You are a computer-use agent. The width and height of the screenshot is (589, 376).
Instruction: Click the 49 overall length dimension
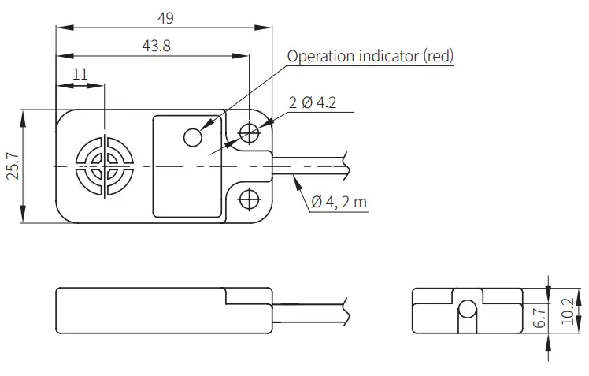point(164,17)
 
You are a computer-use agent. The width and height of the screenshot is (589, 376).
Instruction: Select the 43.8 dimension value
point(155,47)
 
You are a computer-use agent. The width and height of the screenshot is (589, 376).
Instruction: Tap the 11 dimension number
point(80,73)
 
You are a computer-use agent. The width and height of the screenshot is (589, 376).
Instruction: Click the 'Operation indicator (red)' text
point(370,56)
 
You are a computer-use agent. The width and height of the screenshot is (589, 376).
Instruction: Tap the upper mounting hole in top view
point(250,132)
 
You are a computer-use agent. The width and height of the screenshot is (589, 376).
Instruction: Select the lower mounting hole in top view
point(250,199)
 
